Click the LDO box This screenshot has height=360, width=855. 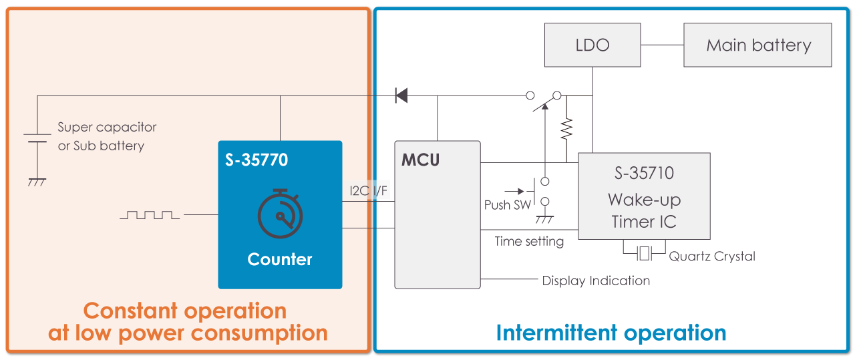pyautogui.click(x=592, y=45)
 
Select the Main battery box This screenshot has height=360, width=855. pyautogui.click(x=757, y=45)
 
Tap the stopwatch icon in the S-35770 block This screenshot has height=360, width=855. pyautogui.click(x=280, y=214)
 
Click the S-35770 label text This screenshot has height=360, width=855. pyautogui.click(x=256, y=160)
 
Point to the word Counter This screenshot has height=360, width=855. pyautogui.click(x=280, y=259)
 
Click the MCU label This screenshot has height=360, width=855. pyautogui.click(x=420, y=161)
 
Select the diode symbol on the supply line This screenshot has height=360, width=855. pyautogui.click(x=401, y=95)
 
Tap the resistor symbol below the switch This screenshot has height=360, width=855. pyautogui.click(x=566, y=128)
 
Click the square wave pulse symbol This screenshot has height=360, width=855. pyautogui.click(x=150, y=215)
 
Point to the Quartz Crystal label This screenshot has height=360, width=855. pyautogui.click(x=712, y=256)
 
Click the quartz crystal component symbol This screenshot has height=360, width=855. pyautogui.click(x=644, y=253)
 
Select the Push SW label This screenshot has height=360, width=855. pyautogui.click(x=508, y=205)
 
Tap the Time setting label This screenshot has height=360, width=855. pyautogui.click(x=529, y=241)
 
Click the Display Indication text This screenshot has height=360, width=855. pyautogui.click(x=596, y=281)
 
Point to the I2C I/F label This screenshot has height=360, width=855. pyautogui.click(x=368, y=191)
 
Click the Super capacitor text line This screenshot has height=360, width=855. pyautogui.click(x=107, y=127)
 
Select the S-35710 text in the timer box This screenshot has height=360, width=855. pyautogui.click(x=644, y=174)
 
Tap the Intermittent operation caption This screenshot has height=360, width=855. pyautogui.click(x=611, y=333)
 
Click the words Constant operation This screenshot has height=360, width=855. pyautogui.click(x=185, y=311)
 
